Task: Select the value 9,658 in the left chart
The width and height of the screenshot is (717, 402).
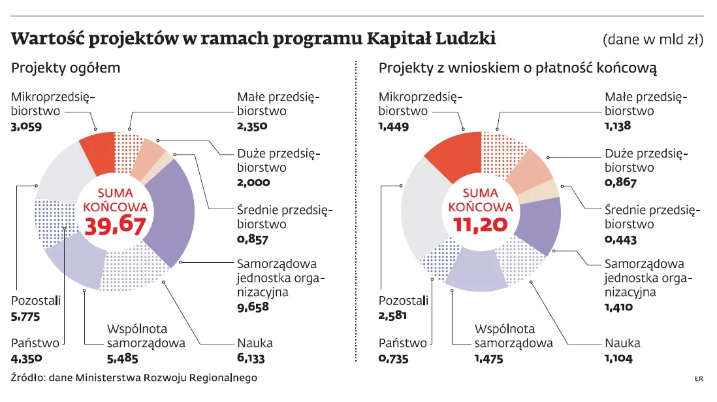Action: tap(253, 307)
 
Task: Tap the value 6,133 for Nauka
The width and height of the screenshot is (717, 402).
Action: tap(253, 358)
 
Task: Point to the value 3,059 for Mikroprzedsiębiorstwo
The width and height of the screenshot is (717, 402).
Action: tap(27, 126)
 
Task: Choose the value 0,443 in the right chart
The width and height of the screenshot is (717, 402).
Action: tap(620, 239)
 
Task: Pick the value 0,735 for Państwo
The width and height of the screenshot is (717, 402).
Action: tap(394, 358)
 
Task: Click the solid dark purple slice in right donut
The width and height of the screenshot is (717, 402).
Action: tap(539, 226)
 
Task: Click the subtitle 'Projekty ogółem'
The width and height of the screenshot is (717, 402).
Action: tap(65, 68)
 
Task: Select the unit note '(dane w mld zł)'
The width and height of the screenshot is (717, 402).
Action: tap(652, 40)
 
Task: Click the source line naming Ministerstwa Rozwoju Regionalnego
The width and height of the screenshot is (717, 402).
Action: tap(134, 378)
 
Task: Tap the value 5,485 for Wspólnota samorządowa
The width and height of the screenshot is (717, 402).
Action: tap(122, 358)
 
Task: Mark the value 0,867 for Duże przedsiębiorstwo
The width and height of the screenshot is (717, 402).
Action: tap(620, 183)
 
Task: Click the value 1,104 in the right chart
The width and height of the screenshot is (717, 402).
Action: tap(620, 358)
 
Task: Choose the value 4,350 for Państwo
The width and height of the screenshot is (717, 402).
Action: tap(27, 358)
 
